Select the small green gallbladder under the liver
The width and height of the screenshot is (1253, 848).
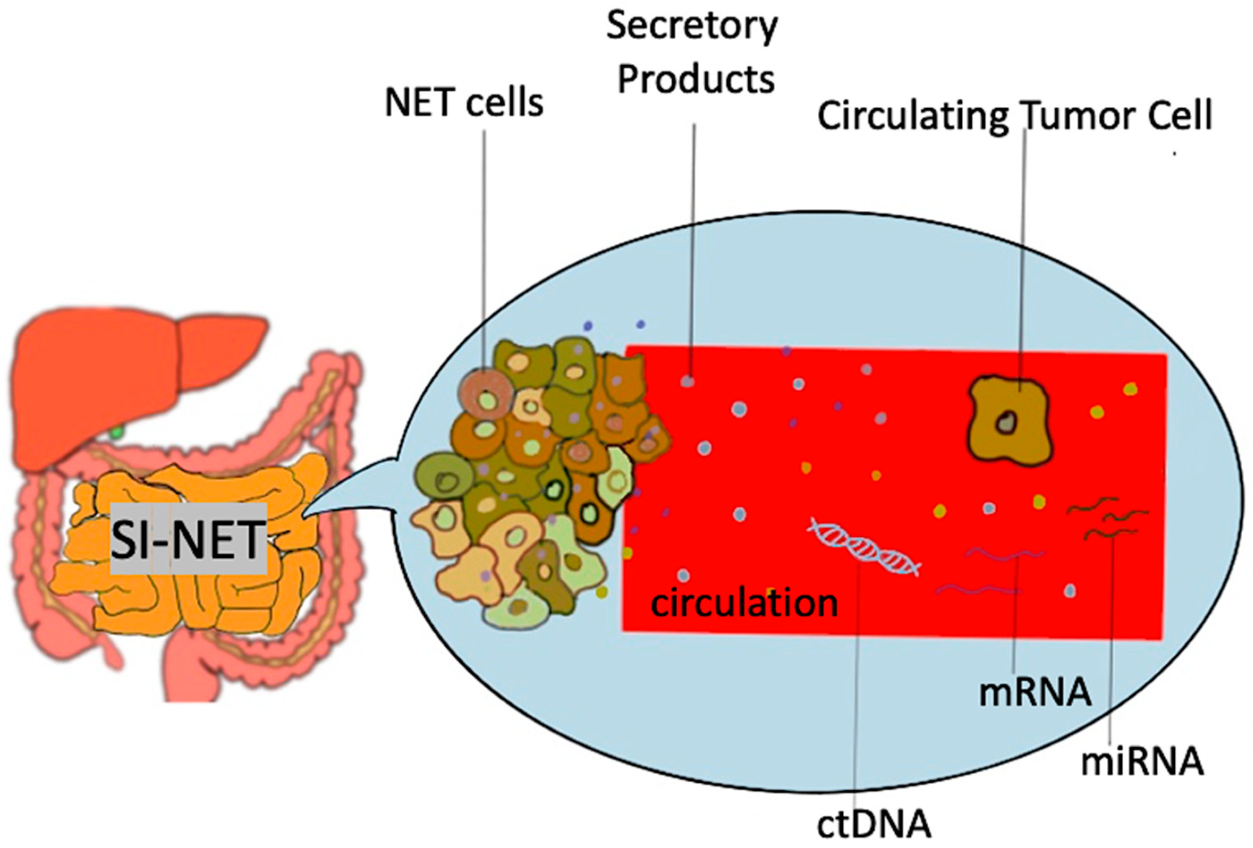tap(116, 431)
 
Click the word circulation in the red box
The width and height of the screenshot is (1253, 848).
tap(744, 603)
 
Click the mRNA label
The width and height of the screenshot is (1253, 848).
tap(1035, 693)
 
